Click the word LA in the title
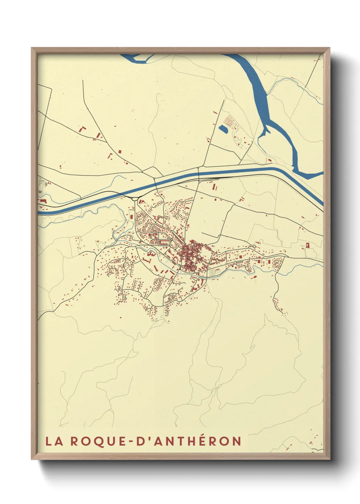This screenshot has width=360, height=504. (x=54, y=441)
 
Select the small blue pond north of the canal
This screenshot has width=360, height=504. (x=223, y=129)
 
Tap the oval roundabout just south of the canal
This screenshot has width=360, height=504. (x=135, y=199)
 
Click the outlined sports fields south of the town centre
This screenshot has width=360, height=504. (x=214, y=272)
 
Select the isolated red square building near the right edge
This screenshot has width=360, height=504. (x=308, y=245)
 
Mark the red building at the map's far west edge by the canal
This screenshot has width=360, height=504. (x=43, y=201)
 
